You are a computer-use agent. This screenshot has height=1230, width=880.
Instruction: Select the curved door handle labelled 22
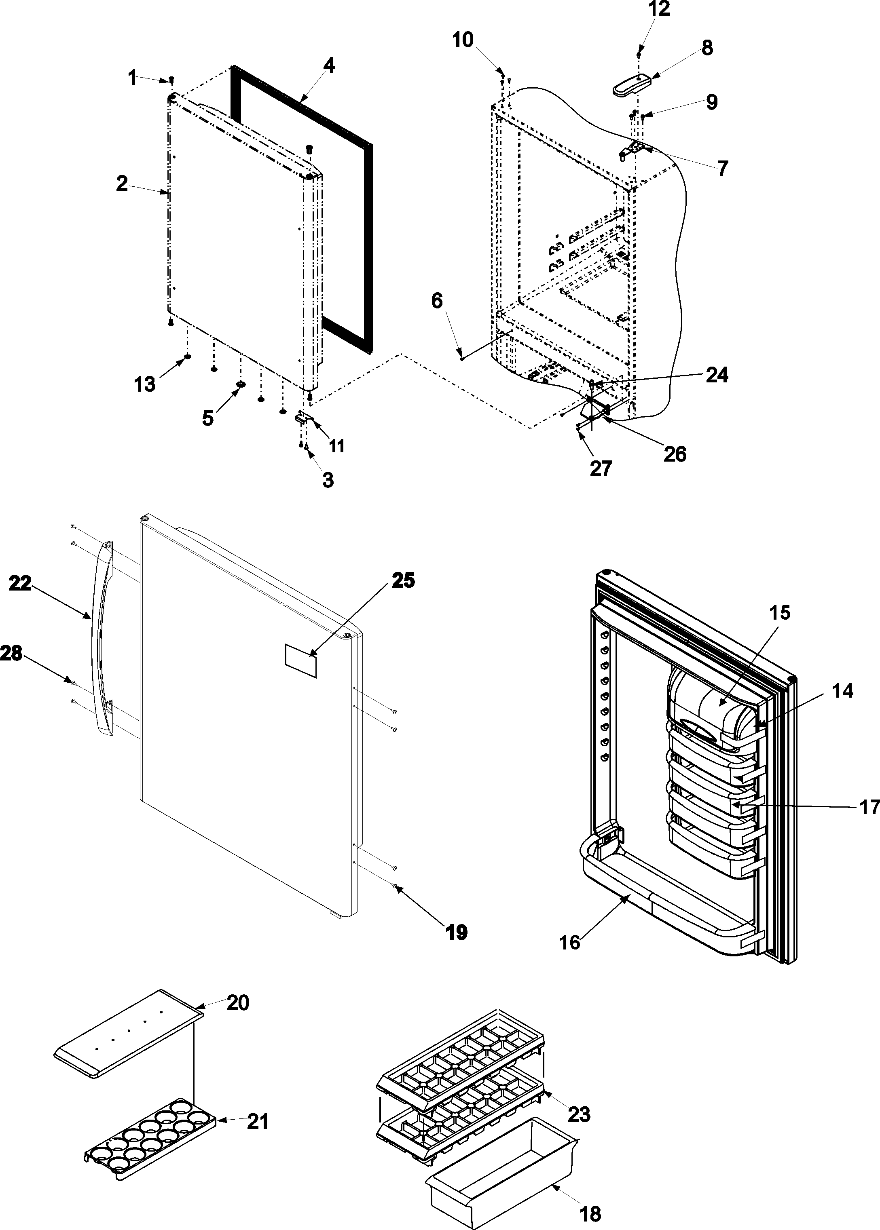pos(100,639)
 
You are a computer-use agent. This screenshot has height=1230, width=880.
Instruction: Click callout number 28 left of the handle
pos(11,653)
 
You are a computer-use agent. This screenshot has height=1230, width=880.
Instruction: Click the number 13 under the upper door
pos(145,384)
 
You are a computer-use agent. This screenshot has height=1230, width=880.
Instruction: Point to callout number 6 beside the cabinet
pos(437,301)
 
